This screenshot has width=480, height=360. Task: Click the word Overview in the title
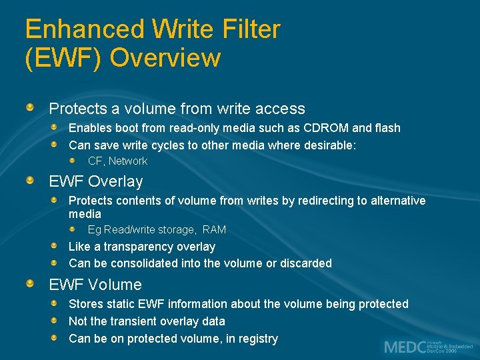point(165,58)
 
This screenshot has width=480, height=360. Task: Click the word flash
point(387,127)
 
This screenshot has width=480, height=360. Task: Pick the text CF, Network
point(117,161)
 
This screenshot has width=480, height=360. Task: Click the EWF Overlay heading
point(96,181)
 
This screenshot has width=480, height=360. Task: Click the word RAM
point(214,229)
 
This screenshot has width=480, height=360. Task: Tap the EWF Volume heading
point(95,285)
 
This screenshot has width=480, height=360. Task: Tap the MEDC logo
point(427,347)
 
